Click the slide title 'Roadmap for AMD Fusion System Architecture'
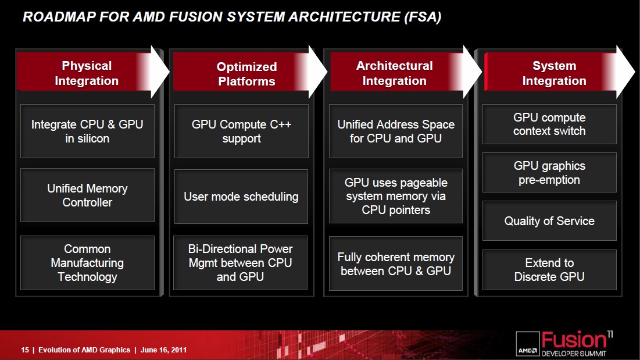tap(232, 17)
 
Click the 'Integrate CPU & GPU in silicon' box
tap(87, 131)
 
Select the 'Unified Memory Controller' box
tap(87, 195)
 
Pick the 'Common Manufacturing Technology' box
tap(87, 263)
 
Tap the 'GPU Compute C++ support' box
tap(241, 131)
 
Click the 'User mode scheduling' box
tap(241, 197)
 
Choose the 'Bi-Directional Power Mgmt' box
tap(241, 263)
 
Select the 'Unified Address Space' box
tap(395, 131)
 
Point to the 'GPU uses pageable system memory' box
tap(395, 196)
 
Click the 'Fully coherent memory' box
tap(395, 263)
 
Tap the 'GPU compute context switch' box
tap(549, 124)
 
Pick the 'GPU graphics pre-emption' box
tap(549, 173)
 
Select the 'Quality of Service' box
tap(549, 221)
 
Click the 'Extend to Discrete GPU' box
tap(549, 270)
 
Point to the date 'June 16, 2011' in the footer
tap(163, 350)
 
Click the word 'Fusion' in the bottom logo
tap(574, 340)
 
